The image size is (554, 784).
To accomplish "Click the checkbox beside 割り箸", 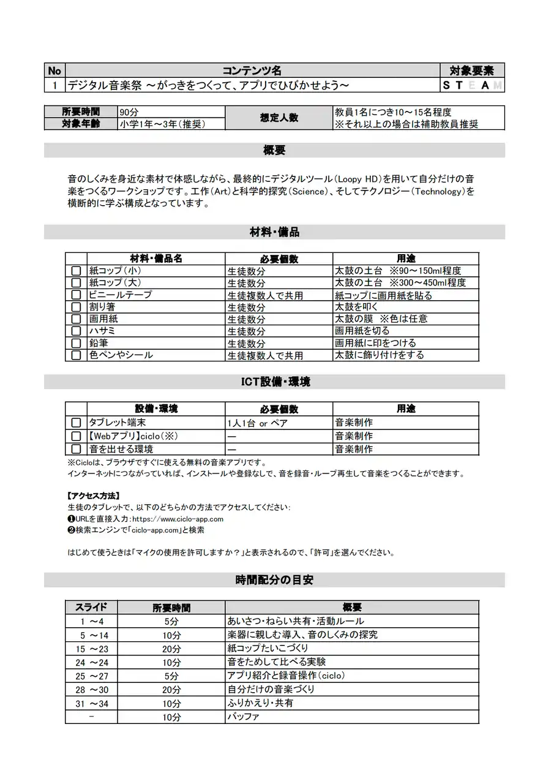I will coord(76,307).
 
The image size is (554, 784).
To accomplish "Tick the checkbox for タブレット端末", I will coord(76,423).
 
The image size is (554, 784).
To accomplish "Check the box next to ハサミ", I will coord(76,331).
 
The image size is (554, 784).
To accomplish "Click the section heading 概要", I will coord(274,150).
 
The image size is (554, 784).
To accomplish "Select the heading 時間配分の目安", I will coord(274,579).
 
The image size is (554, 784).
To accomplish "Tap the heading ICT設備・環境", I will coord(274,382).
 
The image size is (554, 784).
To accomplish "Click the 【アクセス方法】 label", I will coord(93,496).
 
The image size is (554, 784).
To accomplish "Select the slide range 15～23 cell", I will coord(92,649).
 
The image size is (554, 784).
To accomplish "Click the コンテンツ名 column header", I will coord(252,70).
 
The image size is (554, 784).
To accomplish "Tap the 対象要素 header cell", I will coord(472,70).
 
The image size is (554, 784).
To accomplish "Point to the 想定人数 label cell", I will coord(279,118).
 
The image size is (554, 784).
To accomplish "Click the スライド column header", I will coord(91,607).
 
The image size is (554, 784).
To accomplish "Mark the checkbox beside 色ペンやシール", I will coord(76,355).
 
